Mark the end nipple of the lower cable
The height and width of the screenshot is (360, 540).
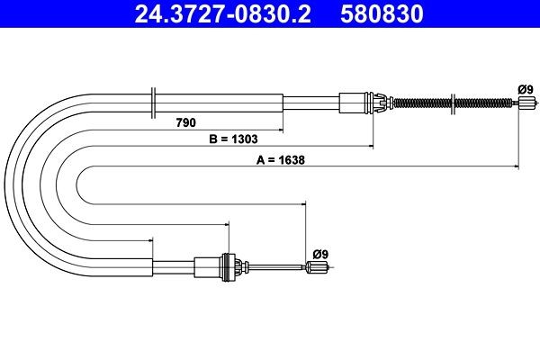pyautogui.click(x=316, y=266)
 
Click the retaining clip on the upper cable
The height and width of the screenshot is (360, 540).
pyautogui.click(x=382, y=102)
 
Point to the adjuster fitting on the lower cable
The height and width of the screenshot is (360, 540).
pyautogui.click(x=225, y=266)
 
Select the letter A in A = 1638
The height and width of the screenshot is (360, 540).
pyautogui.click(x=261, y=162)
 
